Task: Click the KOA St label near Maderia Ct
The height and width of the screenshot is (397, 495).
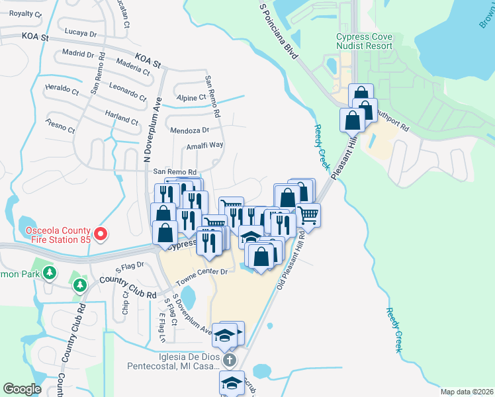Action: coord(148,61)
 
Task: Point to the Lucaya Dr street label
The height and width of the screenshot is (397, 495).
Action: coord(81,32)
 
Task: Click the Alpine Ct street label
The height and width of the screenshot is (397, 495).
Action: coord(192,98)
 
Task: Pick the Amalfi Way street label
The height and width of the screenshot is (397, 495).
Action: coord(204,146)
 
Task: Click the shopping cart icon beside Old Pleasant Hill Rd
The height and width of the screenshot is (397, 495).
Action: coord(308,214)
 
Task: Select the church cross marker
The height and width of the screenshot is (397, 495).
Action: coord(229,360)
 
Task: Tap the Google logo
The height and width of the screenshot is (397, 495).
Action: coord(22,389)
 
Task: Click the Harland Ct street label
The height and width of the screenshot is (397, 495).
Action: coord(121,118)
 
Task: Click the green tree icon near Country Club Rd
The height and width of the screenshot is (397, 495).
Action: coord(79,285)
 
